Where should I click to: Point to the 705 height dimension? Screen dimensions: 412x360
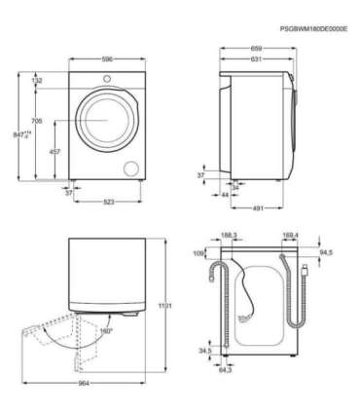click(x=37, y=121)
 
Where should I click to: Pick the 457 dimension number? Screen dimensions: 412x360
click(x=55, y=152)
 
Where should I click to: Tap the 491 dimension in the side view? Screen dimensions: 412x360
click(x=259, y=206)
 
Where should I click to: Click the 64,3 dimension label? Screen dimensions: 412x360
click(x=225, y=370)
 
